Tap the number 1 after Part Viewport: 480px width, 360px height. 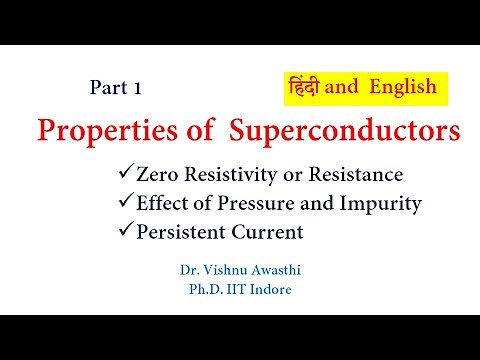(x=136, y=88)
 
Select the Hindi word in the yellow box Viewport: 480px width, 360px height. (x=304, y=87)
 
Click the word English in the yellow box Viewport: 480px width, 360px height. (x=403, y=87)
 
